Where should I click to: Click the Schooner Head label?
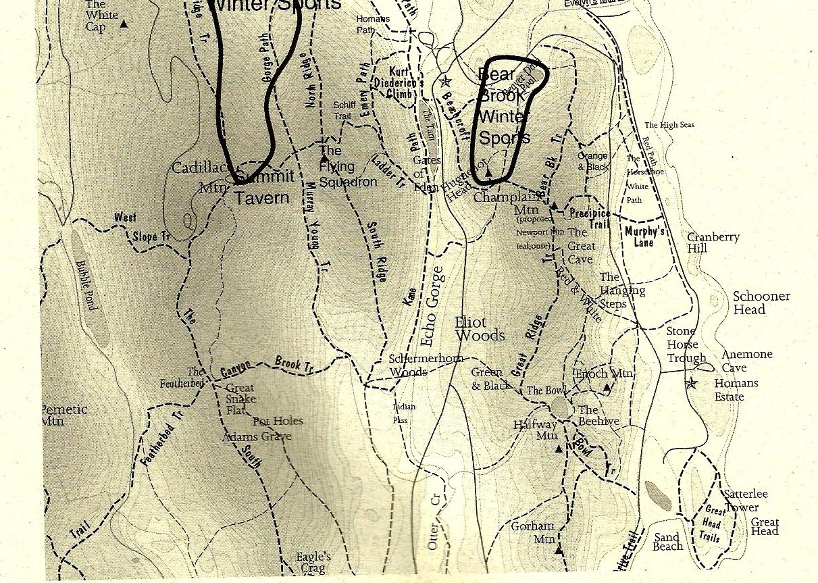coord(761,303)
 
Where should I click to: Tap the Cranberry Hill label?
coord(713,243)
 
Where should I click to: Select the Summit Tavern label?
coord(264,187)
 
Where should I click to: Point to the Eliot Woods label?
coord(480,329)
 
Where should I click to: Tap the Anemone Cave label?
coord(746,361)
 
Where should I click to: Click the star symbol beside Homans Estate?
coord(690,384)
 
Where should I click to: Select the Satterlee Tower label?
coord(746,501)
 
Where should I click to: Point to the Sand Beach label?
coord(668,542)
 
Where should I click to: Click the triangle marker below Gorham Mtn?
coord(559,551)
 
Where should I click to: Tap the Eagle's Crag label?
coord(313,563)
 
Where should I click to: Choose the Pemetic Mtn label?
coord(63,415)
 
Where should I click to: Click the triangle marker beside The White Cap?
coord(124,24)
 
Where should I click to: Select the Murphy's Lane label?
coord(644,236)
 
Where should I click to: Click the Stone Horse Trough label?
coord(686,345)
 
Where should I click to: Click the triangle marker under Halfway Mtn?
coord(559,448)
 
